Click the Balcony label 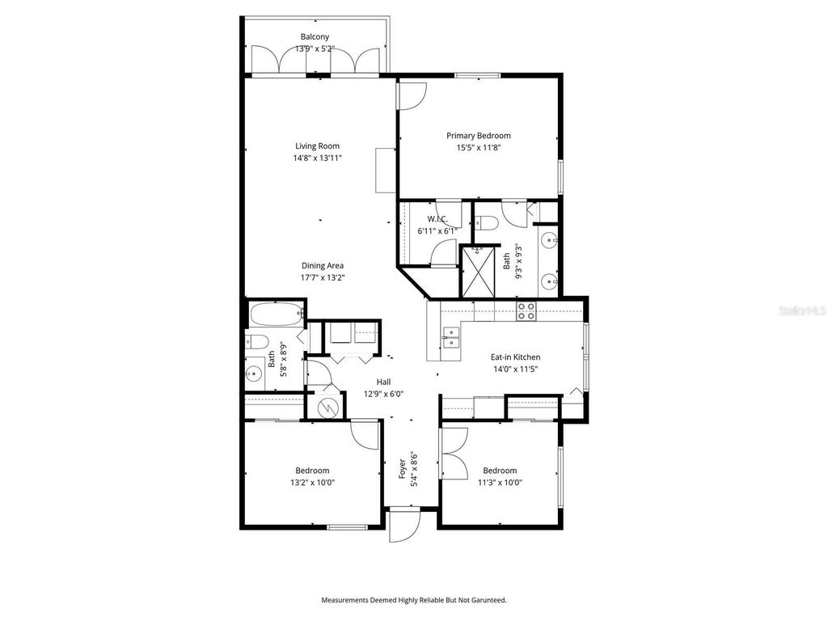(x=315, y=37)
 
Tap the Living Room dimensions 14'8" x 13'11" (x=317, y=158)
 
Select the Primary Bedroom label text (x=479, y=136)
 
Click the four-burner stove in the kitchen (x=526, y=310)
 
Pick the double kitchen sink (x=450, y=337)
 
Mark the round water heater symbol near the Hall (x=328, y=408)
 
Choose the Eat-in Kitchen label (x=515, y=357)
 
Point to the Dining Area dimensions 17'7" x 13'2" (x=323, y=277)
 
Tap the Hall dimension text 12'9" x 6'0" (x=383, y=394)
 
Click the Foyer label (x=403, y=468)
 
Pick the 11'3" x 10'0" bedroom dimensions (x=500, y=483)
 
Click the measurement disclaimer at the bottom (x=413, y=600)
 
